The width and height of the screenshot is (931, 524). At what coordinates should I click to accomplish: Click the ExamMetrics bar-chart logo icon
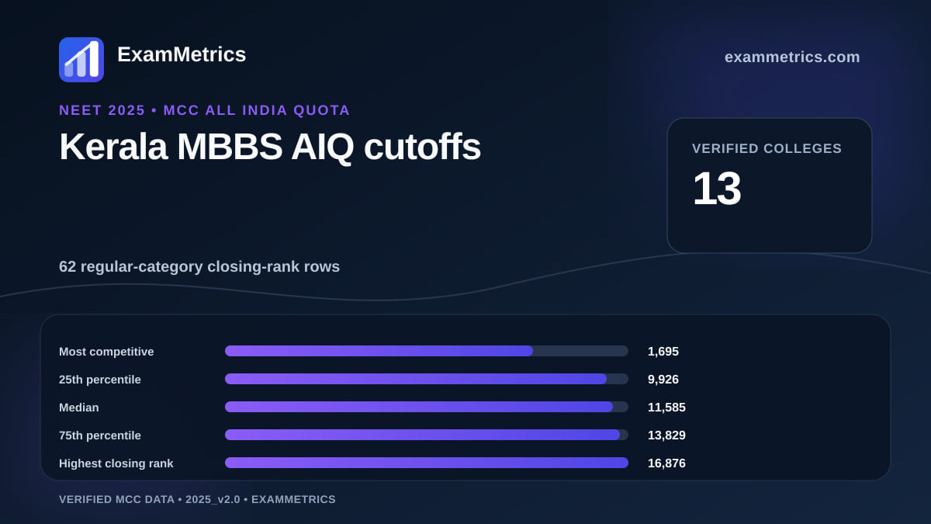[81, 60]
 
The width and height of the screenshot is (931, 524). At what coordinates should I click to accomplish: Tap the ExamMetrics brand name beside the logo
[182, 54]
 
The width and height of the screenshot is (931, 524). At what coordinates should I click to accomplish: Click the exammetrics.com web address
[792, 57]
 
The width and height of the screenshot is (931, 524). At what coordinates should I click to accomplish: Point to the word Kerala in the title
[113, 147]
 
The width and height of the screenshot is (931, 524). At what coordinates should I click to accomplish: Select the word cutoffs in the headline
[422, 147]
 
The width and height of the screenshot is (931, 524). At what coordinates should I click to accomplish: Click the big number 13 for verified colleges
[717, 189]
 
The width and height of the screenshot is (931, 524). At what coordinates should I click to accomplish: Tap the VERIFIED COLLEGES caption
[767, 148]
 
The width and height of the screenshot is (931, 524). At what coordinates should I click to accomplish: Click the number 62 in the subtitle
[67, 266]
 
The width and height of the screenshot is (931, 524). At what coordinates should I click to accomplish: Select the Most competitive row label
[106, 352]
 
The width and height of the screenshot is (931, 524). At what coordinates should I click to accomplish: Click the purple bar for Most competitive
[379, 351]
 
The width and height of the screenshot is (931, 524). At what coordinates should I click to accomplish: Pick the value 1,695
[663, 352]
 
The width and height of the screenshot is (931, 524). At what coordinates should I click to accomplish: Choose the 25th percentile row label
[100, 380]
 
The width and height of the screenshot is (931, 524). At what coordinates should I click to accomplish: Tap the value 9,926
[663, 380]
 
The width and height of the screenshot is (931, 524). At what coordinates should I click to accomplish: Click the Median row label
[79, 408]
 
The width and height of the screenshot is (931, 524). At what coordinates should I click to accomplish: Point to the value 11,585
[666, 408]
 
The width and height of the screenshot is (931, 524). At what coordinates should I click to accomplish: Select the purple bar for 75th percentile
[422, 435]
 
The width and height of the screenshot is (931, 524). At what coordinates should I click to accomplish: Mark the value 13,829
[666, 436]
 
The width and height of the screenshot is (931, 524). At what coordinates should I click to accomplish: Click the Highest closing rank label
[116, 463]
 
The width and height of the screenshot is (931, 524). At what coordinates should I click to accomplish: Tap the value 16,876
[666, 463]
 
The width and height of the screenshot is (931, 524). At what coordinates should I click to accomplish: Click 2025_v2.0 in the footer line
[213, 499]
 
